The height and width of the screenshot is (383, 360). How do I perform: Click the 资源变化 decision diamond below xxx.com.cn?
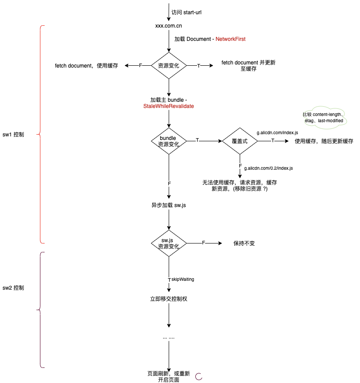[x=169, y=65]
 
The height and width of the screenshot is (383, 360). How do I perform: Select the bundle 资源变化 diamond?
[x=169, y=141]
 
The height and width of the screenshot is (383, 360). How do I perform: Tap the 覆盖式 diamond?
[x=240, y=141]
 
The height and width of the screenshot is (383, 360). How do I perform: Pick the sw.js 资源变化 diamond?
[x=169, y=243]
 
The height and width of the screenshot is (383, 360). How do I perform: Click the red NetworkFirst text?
[x=230, y=39]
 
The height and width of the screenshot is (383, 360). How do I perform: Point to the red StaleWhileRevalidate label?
[x=169, y=107]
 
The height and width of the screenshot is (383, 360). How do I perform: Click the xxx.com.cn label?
[x=168, y=26]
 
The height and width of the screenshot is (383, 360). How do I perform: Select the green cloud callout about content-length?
[x=323, y=117]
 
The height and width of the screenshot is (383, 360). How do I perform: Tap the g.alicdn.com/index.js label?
[x=277, y=133]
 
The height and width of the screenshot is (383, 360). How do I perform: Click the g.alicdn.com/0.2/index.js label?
[x=269, y=168]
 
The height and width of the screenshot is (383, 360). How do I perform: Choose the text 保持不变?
[x=244, y=243]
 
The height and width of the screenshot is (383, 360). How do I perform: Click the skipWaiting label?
[x=182, y=279]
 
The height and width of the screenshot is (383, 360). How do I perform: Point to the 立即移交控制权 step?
[x=169, y=299]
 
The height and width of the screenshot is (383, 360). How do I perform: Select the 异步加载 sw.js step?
[x=168, y=206]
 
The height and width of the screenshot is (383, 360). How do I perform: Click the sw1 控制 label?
[x=13, y=135]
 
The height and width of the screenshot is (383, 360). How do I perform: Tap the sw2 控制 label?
[x=13, y=288]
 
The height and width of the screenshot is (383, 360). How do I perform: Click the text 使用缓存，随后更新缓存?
[x=324, y=141]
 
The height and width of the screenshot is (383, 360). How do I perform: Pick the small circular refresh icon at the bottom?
[x=199, y=376]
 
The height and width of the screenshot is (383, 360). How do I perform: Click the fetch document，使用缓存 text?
[x=87, y=66]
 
